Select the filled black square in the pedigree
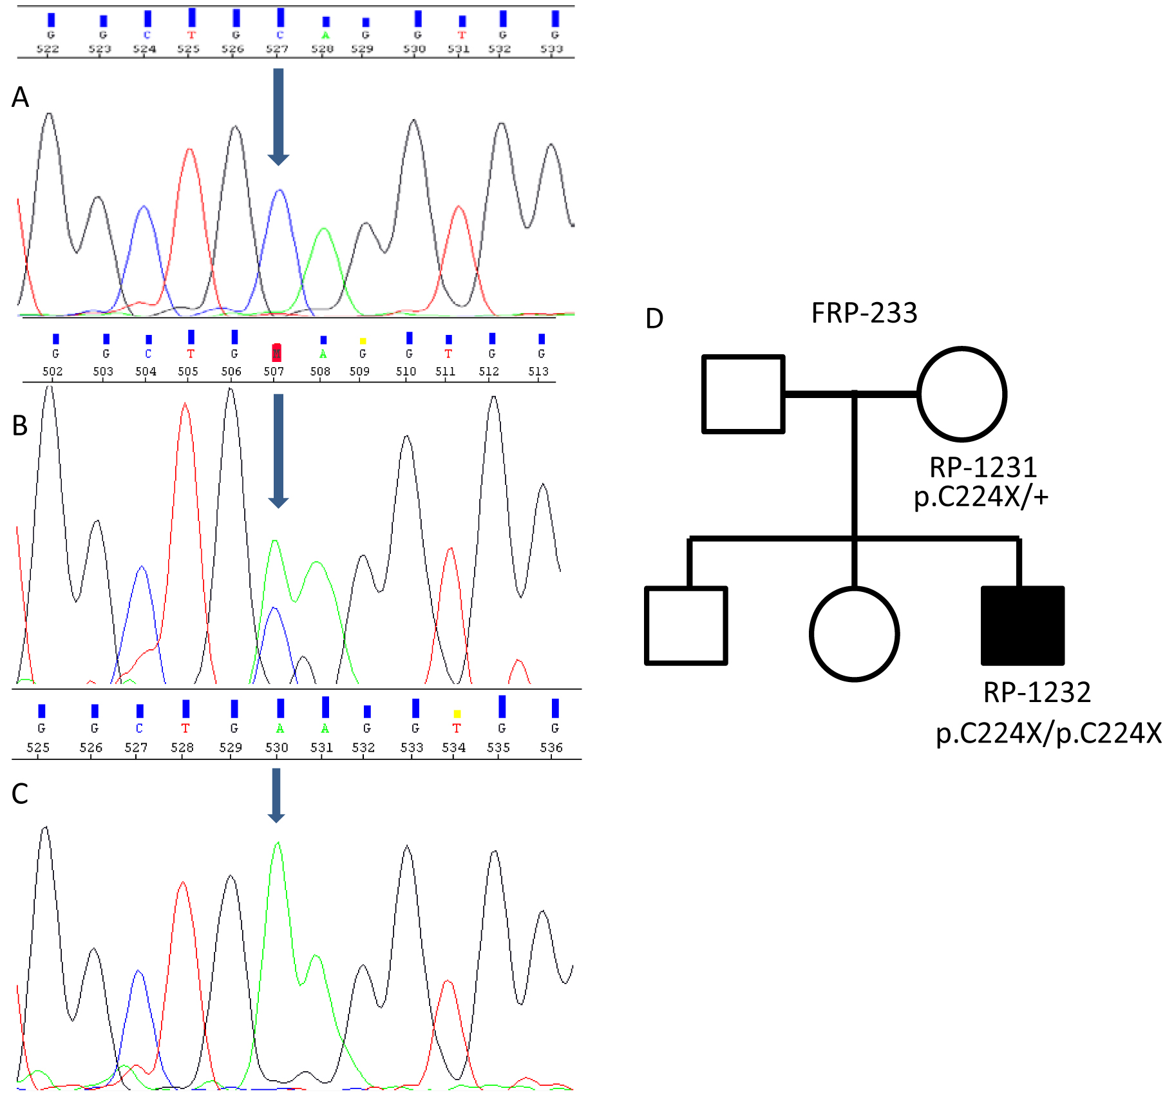(x=1022, y=625)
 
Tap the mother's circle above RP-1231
(x=961, y=394)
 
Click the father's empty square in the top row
(x=743, y=394)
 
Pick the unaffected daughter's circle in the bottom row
(x=854, y=634)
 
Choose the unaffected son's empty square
(x=687, y=625)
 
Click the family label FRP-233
(x=864, y=313)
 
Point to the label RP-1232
(x=1037, y=692)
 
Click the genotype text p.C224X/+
(x=981, y=497)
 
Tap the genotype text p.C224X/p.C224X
(x=1048, y=733)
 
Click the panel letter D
(x=654, y=319)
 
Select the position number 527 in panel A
(x=277, y=49)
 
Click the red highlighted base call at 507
(x=276, y=352)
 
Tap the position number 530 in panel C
(x=277, y=747)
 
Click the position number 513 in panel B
(x=538, y=371)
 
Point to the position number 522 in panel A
(x=48, y=49)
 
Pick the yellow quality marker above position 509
(x=363, y=340)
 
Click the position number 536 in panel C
(x=551, y=747)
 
